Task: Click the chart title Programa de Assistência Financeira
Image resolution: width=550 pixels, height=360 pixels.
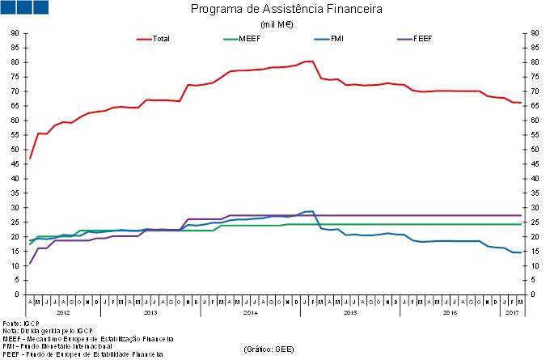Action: (275, 11)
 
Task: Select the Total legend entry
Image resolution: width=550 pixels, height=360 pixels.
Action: (160, 38)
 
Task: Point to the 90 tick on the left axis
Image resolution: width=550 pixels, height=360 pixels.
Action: (15, 33)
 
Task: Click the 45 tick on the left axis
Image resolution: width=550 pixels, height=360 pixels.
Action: (15, 164)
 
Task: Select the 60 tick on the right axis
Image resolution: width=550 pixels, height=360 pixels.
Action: (535, 121)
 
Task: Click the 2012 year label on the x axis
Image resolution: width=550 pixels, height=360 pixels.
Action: (63, 311)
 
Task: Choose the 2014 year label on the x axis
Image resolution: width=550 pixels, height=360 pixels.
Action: (250, 311)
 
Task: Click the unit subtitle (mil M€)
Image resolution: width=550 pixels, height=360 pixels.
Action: (276, 24)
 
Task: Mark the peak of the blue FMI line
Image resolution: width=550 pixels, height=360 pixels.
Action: (311, 211)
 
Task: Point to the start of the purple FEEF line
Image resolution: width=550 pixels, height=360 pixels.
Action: (30, 263)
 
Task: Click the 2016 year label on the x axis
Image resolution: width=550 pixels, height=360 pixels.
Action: (449, 311)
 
